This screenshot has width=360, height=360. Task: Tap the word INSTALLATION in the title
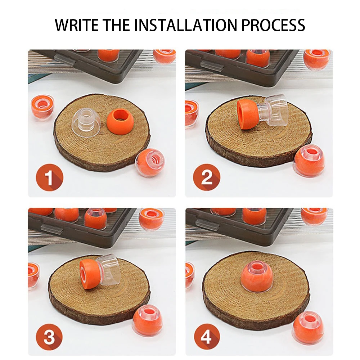click(185, 25)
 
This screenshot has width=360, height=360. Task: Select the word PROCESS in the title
click(273, 25)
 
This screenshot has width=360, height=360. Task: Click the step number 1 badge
click(49, 177)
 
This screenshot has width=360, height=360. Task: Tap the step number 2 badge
click(206, 177)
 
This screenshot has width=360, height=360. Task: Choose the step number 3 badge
click(49, 337)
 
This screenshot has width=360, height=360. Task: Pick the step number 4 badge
click(207, 337)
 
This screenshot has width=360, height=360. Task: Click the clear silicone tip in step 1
click(84, 123)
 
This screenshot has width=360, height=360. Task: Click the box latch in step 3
click(52, 228)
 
